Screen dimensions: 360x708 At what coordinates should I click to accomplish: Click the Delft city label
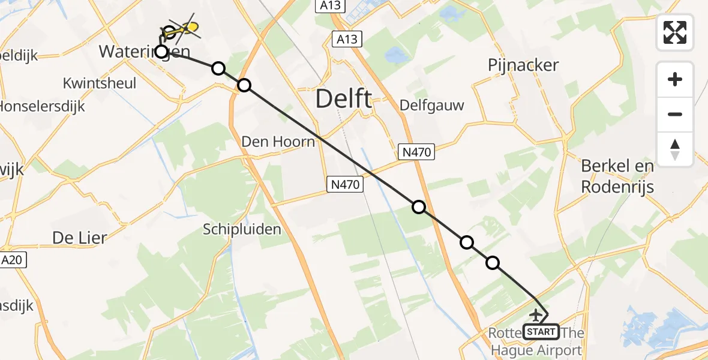[343, 98]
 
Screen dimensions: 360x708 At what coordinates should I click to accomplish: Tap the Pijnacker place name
[523, 65]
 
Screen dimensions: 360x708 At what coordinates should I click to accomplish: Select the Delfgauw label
[432, 106]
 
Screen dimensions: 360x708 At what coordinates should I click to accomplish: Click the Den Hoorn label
[278, 142]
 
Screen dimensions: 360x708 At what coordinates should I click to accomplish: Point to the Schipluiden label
[241, 229]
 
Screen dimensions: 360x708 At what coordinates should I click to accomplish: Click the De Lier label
[79, 238]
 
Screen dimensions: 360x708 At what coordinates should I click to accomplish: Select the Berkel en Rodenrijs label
[617, 176]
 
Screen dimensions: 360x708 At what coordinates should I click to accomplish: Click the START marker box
[541, 331]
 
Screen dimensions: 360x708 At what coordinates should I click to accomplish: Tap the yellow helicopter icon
[183, 28]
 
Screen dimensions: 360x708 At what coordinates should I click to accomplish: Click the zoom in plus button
[675, 79]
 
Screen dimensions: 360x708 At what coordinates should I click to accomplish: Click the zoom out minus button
[675, 114]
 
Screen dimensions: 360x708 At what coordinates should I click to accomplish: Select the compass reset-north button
[675, 149]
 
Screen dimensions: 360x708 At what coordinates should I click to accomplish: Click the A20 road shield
[13, 260]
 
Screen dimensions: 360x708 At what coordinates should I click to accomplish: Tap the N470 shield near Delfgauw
[416, 152]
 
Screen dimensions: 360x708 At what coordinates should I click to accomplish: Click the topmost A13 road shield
[323, 5]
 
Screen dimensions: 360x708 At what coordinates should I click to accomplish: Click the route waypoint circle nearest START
[493, 262]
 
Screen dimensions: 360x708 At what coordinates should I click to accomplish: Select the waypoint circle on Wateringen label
[161, 51]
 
